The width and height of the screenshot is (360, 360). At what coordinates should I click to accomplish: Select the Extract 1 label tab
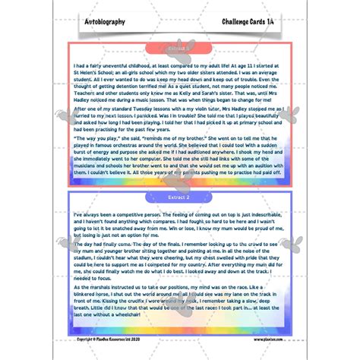point(179,47)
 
